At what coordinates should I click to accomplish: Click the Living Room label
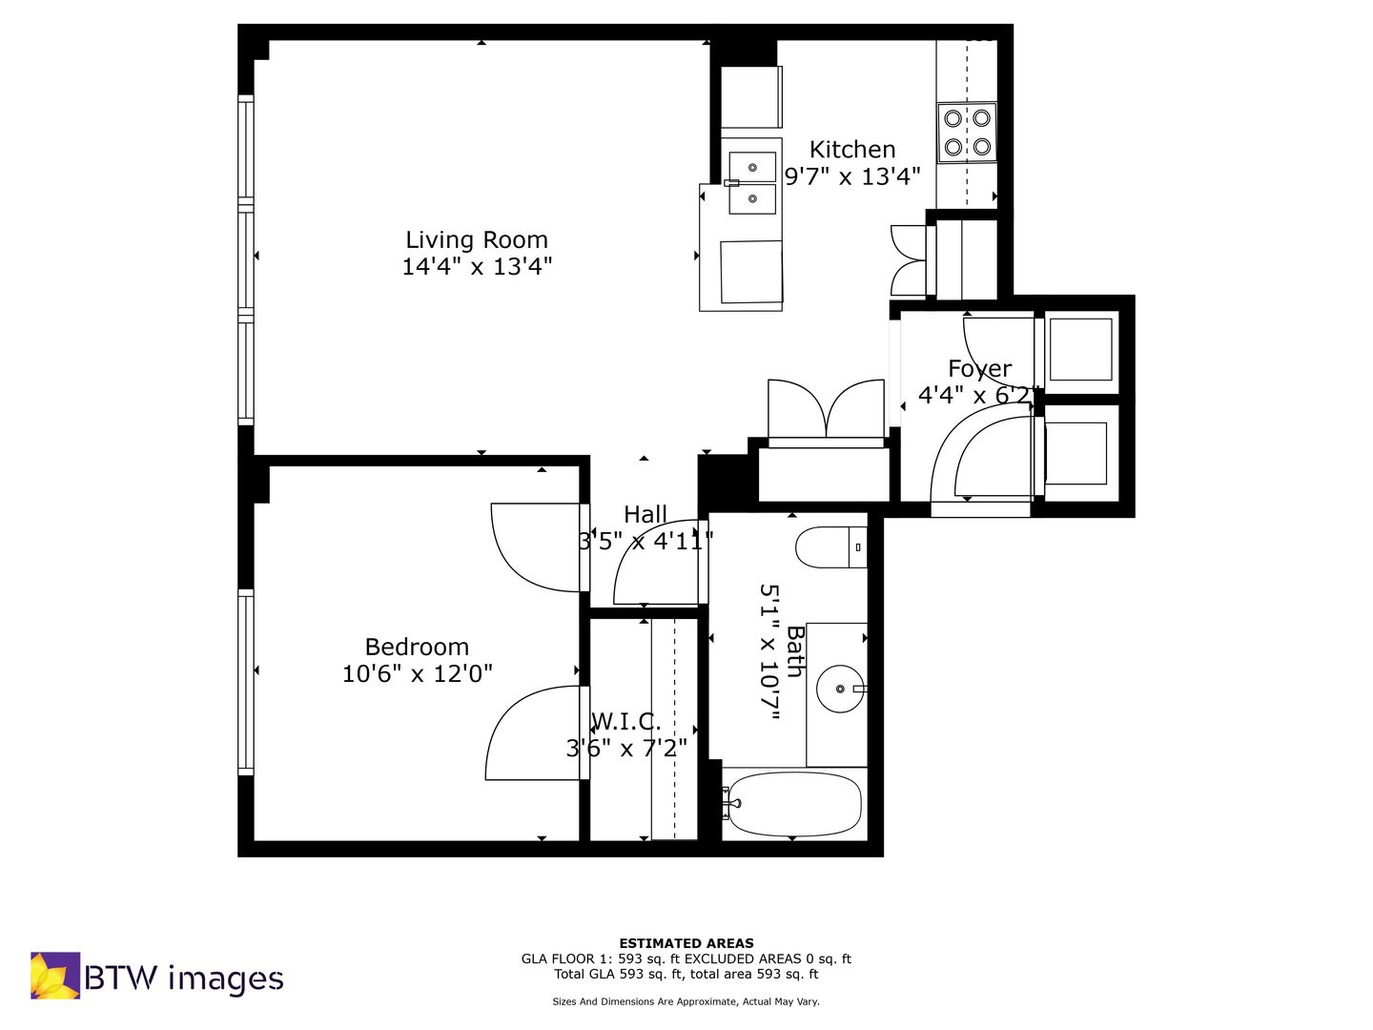[x=477, y=239]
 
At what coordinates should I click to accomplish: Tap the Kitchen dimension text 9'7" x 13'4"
[x=852, y=177]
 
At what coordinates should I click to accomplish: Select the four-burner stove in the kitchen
[x=967, y=133]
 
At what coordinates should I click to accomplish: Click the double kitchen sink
[x=752, y=182]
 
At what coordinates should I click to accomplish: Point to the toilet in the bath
[x=831, y=546]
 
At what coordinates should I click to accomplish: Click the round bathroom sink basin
[x=841, y=689]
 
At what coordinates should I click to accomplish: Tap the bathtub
[x=792, y=804]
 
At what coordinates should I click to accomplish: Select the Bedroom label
[x=417, y=647]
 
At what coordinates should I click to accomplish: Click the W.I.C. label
[x=625, y=722]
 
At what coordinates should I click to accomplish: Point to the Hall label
[x=646, y=515]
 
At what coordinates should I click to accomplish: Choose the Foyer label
[x=979, y=369]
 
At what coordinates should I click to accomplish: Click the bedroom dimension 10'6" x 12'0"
[x=418, y=674]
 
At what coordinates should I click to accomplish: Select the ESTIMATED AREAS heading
[x=686, y=943]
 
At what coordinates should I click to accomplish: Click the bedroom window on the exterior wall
[x=246, y=682]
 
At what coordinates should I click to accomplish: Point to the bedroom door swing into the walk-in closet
[x=537, y=733]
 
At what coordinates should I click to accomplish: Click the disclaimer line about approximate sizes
[x=686, y=1001]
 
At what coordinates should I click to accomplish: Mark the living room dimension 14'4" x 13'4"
[x=477, y=267]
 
